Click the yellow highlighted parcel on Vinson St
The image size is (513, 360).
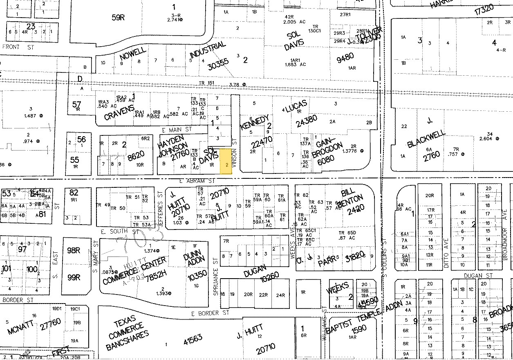[x=226, y=162]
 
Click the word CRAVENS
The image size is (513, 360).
[x=119, y=112]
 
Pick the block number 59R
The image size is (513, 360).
[x=118, y=18]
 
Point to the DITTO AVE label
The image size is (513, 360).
[x=446, y=248]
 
